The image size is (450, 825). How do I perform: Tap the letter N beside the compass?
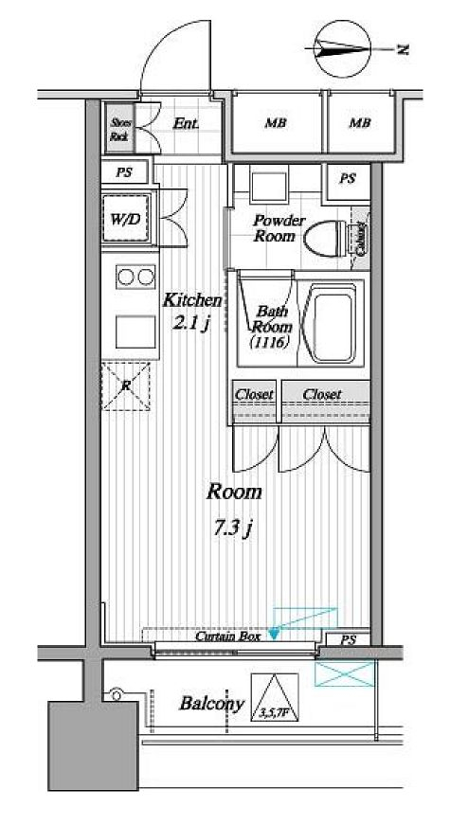coord(403,48)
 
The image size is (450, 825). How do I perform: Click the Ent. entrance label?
coord(186,124)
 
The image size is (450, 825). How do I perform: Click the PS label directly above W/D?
coord(124,172)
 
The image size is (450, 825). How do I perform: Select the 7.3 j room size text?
coord(233,528)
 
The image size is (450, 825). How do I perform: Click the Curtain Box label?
coord(227,637)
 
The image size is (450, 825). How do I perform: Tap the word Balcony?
coord(211,704)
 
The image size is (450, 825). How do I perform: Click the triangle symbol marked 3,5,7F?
coord(274,699)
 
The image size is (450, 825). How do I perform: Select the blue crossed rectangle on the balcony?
coord(344,673)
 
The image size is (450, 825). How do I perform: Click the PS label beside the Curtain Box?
coord(348,640)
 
